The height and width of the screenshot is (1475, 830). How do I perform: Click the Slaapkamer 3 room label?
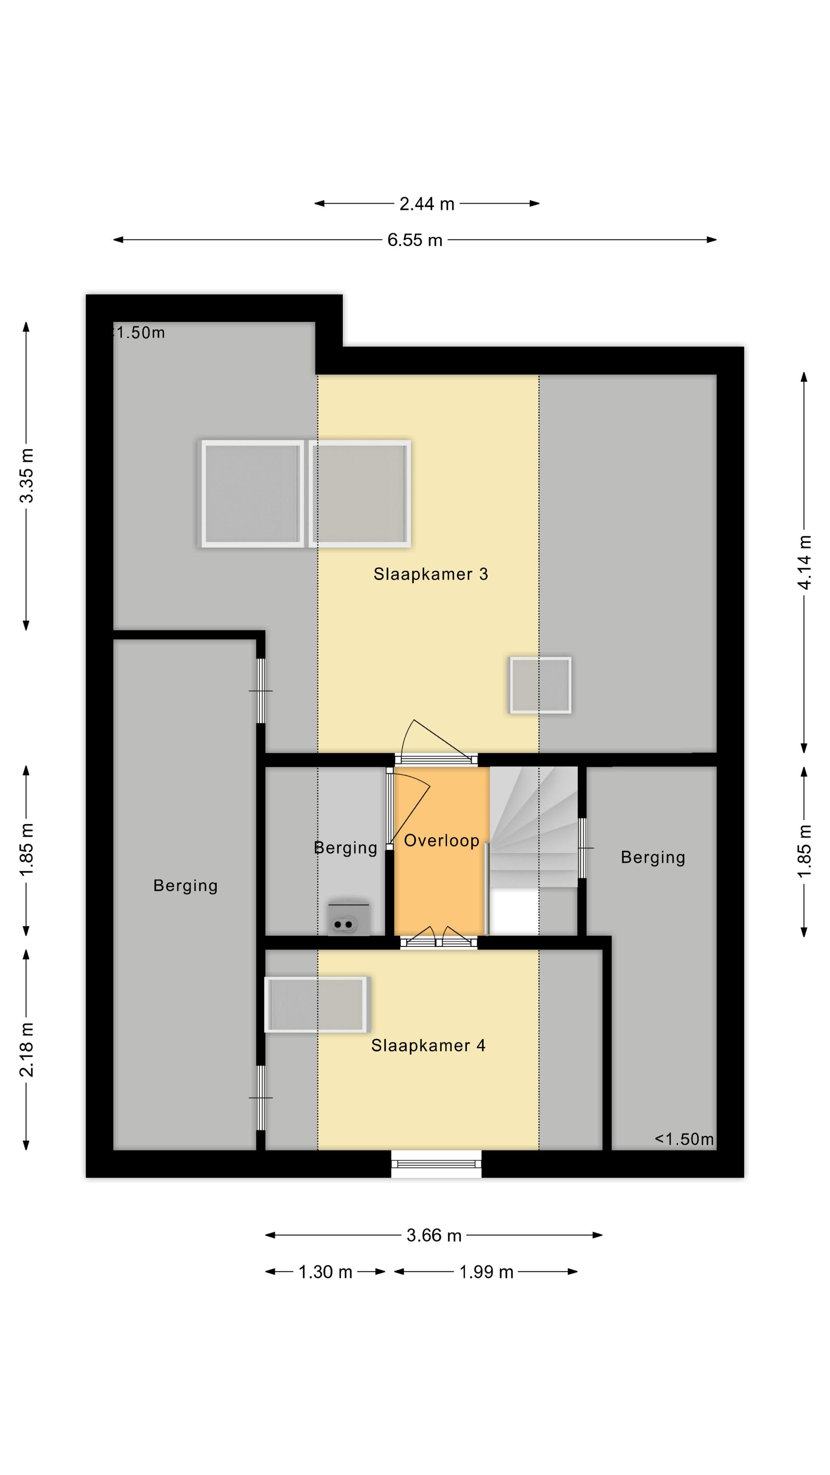[431, 574]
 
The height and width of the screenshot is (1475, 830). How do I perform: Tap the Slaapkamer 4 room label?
[428, 1046]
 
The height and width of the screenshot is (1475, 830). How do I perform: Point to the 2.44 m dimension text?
[427, 204]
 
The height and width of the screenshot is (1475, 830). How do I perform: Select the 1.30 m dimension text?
[325, 1272]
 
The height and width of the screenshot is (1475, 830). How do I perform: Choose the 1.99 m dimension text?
[486, 1272]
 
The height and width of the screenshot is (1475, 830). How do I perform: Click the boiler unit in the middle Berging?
[349, 918]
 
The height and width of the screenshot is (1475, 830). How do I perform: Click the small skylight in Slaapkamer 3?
[540, 685]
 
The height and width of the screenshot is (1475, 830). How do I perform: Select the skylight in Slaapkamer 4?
[316, 1004]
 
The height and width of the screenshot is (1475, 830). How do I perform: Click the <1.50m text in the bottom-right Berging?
[684, 1139]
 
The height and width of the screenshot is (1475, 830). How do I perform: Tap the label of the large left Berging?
[186, 886]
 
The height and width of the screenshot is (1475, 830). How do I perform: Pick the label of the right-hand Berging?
[653, 857]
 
